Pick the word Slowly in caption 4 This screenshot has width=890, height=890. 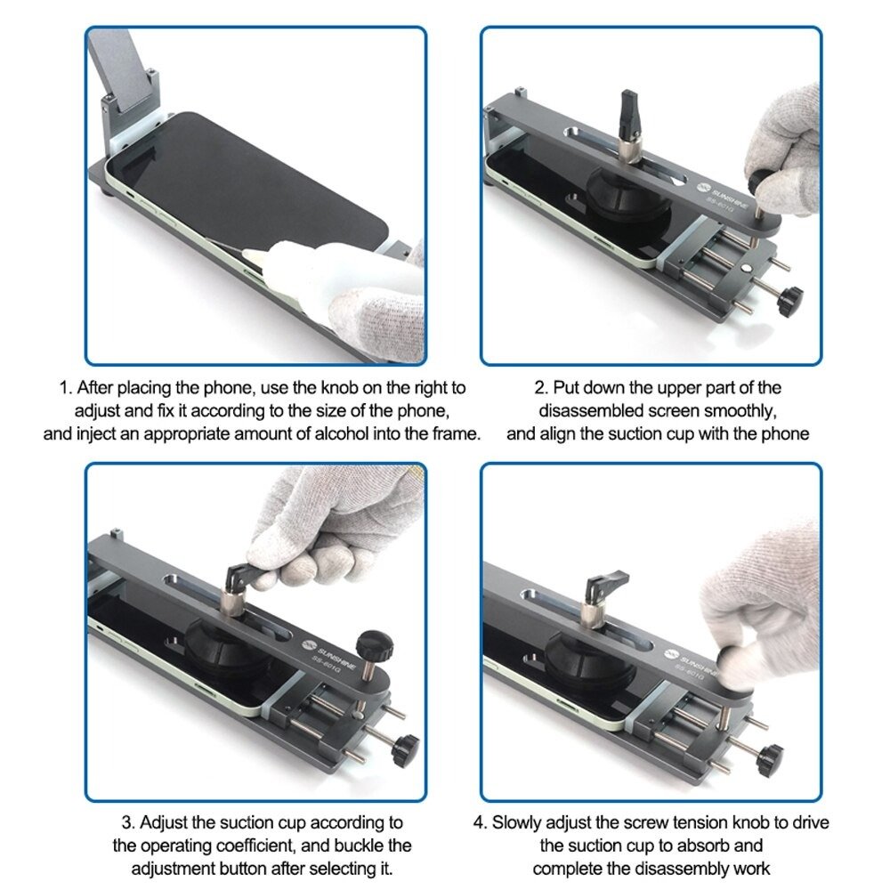pos(526,821)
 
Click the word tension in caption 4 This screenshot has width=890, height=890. pos(709,821)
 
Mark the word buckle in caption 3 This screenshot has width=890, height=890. pos(367,844)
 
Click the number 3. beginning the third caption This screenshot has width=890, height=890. pos(128,821)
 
